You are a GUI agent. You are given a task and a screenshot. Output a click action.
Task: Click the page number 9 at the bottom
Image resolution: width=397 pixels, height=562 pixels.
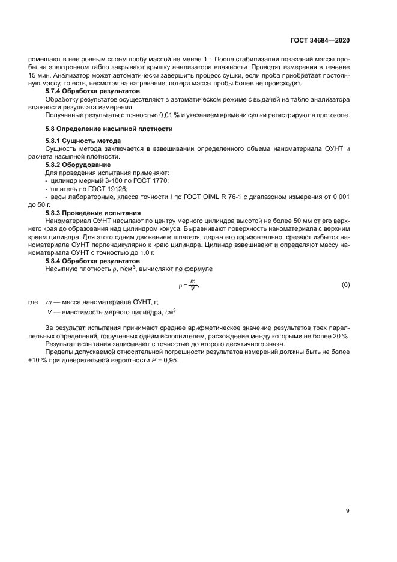click(348, 511)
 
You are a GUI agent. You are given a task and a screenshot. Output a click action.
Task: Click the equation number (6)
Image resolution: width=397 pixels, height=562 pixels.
click(345, 284)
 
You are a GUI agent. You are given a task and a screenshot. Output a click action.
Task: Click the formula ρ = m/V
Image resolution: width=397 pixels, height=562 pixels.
click(188, 284)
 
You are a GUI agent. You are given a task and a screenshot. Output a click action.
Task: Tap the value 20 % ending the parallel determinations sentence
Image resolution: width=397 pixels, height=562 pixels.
click(341, 335)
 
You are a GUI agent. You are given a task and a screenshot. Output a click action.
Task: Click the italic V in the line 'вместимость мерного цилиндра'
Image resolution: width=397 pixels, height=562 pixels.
click(49, 312)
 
